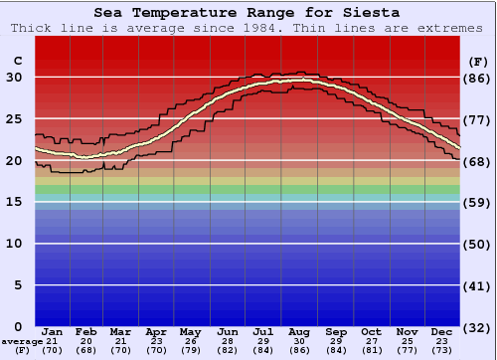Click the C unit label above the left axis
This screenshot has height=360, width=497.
[x=17, y=62]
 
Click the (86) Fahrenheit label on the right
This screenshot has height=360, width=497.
[x=477, y=78]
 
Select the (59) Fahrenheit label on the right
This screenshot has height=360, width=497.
[x=477, y=202]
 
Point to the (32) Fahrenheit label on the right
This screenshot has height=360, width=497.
[x=477, y=327]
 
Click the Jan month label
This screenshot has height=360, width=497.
[x=53, y=331]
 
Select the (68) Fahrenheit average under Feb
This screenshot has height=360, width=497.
[x=87, y=351]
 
